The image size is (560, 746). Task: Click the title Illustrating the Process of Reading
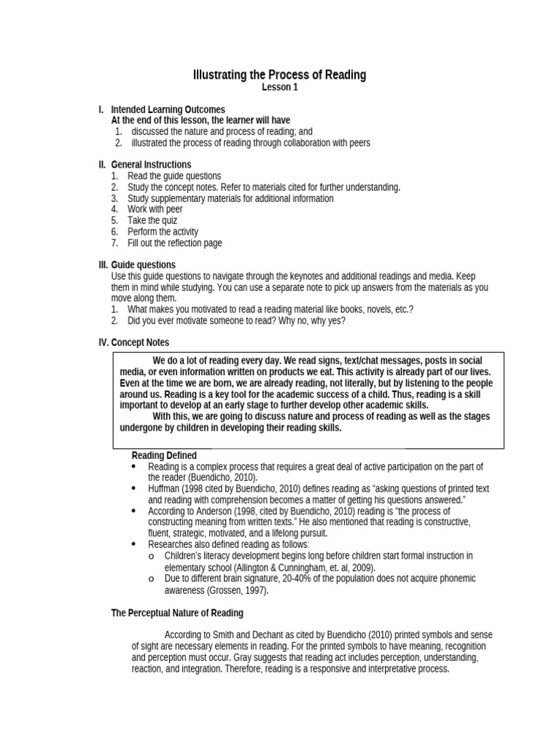coord(279,75)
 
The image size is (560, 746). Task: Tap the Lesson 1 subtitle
coord(280,87)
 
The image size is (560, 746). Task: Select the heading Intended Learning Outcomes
coord(168,109)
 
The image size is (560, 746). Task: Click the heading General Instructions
coord(151,165)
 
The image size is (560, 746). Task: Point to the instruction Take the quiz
coord(152,220)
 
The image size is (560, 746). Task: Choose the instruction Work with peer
coord(155,209)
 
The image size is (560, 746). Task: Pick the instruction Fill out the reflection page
coord(175,243)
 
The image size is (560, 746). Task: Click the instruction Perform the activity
coord(163,232)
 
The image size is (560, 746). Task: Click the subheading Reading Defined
coord(164,455)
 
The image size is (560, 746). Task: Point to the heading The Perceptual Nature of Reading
coord(177,613)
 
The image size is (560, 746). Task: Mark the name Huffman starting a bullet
coord(164,489)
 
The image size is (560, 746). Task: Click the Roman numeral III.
coord(103,264)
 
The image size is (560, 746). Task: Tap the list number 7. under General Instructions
coord(114,243)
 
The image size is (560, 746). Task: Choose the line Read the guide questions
coord(174,176)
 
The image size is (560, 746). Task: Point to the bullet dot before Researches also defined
coord(133,544)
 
